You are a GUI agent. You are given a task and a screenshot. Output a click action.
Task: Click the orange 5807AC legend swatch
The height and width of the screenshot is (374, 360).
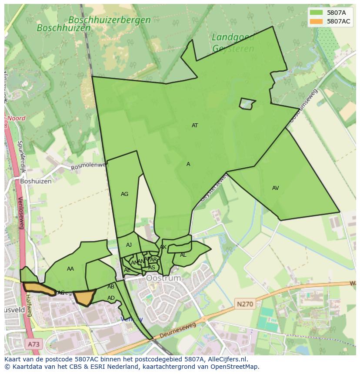pos(316,21)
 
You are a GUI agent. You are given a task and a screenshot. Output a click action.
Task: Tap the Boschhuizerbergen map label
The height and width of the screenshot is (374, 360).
pos(110,20)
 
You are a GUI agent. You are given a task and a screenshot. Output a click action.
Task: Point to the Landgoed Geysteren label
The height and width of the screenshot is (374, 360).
pos(233,43)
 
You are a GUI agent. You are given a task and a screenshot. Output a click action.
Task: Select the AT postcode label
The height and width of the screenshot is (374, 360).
pos(195,126)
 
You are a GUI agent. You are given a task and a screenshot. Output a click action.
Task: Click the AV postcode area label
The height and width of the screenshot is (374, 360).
pos(275,188)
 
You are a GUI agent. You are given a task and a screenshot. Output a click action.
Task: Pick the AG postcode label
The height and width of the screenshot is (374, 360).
pos(124,194)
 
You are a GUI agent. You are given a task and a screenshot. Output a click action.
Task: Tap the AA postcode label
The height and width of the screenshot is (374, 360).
pos(70,269)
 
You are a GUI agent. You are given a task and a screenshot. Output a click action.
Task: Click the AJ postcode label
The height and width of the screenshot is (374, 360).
pos(129,245)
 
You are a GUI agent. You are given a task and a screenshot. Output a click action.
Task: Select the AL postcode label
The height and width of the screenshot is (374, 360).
pos(183,255)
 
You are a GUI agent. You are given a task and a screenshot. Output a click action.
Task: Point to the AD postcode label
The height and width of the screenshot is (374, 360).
pos(111,298)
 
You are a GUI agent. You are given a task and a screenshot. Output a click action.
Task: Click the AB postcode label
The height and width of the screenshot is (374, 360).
pos(111,287)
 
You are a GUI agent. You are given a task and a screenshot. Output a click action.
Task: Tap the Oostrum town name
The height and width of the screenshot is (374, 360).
pos(163,278)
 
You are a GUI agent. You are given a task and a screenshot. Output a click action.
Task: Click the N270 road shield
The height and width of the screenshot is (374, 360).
pos(245,304)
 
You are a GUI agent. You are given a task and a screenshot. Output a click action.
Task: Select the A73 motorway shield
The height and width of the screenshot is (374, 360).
pos(33,344)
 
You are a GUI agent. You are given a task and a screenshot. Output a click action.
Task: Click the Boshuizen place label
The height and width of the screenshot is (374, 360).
pos(36,181)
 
